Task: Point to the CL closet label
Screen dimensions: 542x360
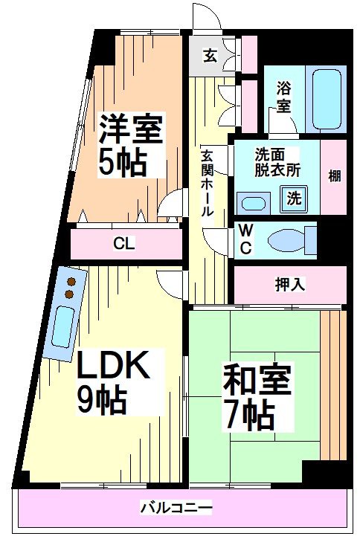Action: click(124, 243)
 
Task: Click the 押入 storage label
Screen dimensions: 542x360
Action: click(290, 283)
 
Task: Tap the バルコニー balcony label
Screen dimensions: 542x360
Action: click(176, 509)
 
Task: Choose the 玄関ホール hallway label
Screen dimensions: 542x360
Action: click(208, 183)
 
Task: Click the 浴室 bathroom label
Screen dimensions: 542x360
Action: click(284, 95)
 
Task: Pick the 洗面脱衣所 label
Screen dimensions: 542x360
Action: click(277, 162)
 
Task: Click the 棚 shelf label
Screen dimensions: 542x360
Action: click(335, 176)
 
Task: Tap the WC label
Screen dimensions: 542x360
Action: click(245, 240)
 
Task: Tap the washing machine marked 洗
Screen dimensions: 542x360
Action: click(295, 199)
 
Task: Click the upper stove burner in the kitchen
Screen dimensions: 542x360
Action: click(73, 282)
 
